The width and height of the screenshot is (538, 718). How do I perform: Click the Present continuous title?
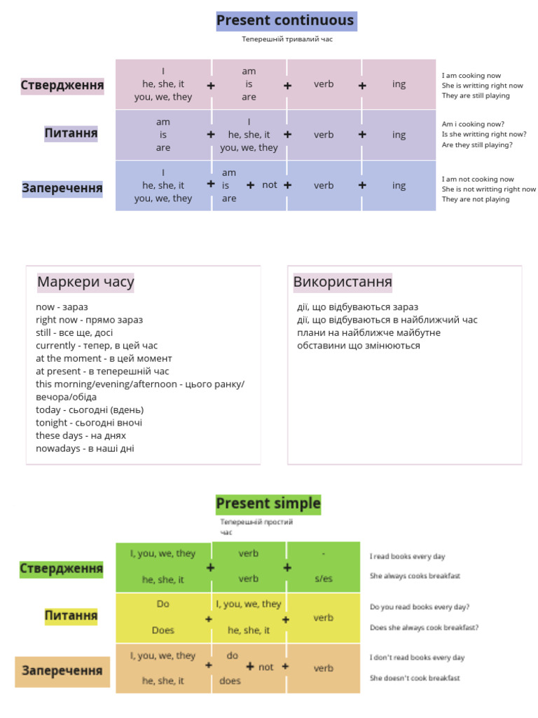tap(285, 21)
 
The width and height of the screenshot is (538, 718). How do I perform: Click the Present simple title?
tap(268, 503)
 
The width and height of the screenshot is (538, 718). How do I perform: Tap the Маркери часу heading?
tap(85, 283)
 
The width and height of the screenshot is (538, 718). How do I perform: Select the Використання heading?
tap(343, 283)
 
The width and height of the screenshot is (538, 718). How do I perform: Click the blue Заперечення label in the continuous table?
tap(62, 188)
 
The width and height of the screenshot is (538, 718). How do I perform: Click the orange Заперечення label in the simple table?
tap(62, 671)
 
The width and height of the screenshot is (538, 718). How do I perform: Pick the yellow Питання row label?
tap(71, 616)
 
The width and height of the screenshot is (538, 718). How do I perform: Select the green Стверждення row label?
tap(62, 568)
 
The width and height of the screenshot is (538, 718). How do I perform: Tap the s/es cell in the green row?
tap(324, 579)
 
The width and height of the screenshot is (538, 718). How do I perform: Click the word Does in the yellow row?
tap(163, 630)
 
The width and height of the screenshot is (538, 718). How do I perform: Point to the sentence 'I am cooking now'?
tap(471, 76)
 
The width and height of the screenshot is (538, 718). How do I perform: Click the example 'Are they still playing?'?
tap(476, 145)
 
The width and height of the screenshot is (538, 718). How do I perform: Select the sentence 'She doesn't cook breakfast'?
tap(415, 678)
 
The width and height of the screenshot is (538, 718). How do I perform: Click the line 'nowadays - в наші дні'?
tap(85, 449)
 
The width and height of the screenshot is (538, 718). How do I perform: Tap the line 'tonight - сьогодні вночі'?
tap(89, 423)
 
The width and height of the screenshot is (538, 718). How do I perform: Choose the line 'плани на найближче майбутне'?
tap(368, 333)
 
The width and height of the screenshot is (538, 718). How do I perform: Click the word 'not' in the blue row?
tap(270, 185)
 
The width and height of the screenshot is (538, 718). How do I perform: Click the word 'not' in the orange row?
tap(266, 668)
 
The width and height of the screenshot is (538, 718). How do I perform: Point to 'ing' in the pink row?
tap(399, 84)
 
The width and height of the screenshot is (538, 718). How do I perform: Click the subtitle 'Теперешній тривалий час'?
tap(287, 39)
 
